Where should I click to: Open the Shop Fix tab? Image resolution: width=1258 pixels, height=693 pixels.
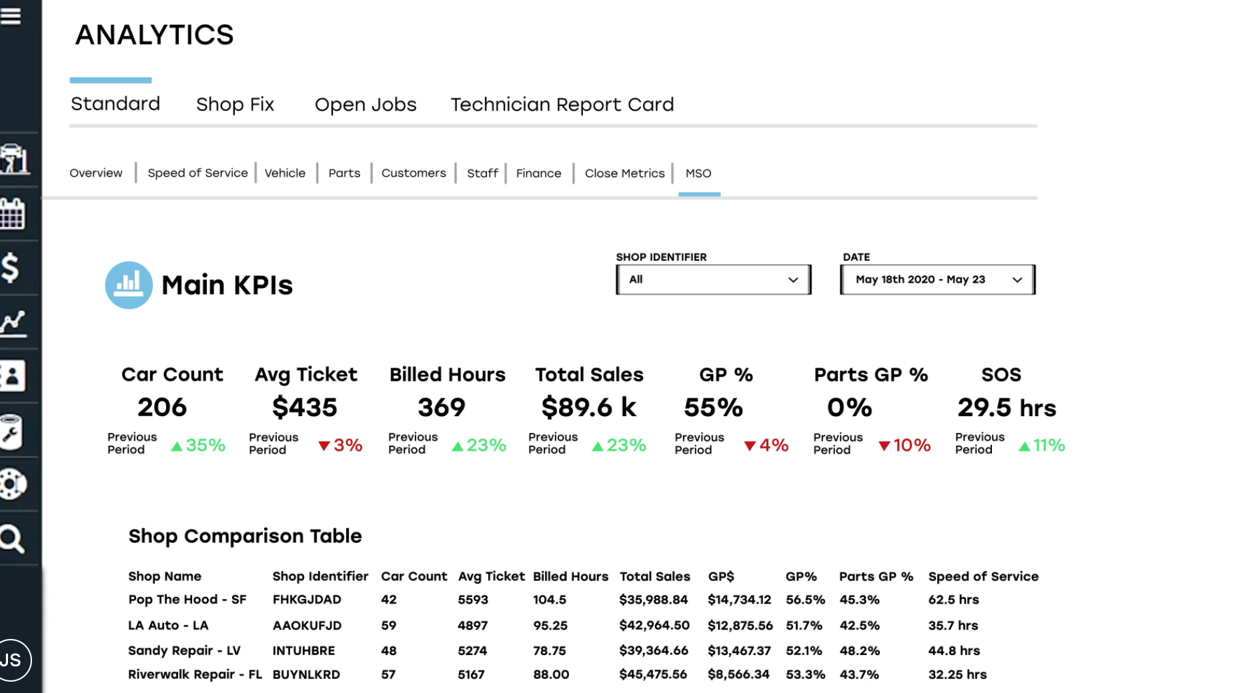[x=235, y=105]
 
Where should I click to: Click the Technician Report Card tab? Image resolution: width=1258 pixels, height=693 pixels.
[x=562, y=105]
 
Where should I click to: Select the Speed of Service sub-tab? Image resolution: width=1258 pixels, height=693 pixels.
[x=197, y=173]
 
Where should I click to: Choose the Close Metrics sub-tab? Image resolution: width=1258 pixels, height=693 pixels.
[x=624, y=173]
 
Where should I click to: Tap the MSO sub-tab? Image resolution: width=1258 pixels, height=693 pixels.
[x=698, y=173]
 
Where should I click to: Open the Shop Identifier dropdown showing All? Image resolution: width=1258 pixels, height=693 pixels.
[x=713, y=279]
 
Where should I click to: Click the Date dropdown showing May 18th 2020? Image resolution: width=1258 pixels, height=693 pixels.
[x=937, y=279]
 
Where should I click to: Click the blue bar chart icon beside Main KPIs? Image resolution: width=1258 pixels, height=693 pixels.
[x=129, y=285]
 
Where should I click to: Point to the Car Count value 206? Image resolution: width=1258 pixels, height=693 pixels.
[x=162, y=408]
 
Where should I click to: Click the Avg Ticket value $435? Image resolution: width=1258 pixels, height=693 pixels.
[x=305, y=408]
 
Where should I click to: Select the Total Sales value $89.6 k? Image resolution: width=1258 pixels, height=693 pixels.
[x=588, y=408]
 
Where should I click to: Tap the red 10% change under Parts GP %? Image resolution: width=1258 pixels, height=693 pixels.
[x=904, y=446]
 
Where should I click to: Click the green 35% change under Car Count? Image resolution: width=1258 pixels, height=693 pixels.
[x=199, y=446]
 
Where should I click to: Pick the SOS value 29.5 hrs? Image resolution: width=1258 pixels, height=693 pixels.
[x=1007, y=408]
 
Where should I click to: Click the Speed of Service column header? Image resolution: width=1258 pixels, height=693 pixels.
[x=983, y=576]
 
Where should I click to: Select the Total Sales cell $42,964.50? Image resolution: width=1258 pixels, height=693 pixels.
[x=654, y=626]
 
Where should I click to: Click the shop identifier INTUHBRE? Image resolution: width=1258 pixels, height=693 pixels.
[x=303, y=650]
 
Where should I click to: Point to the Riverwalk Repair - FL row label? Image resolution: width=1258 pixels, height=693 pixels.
[x=195, y=674]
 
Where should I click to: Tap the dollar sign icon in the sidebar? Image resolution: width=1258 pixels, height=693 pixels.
[x=11, y=268]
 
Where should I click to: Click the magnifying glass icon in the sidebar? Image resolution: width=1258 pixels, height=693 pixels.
[x=12, y=539]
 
